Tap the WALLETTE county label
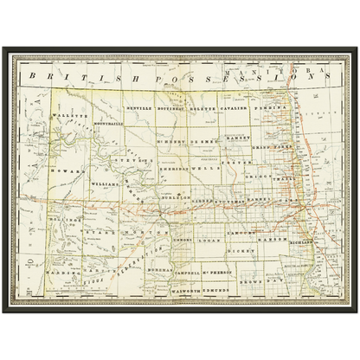(64, 113)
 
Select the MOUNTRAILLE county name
(96, 123)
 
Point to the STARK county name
(98, 232)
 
